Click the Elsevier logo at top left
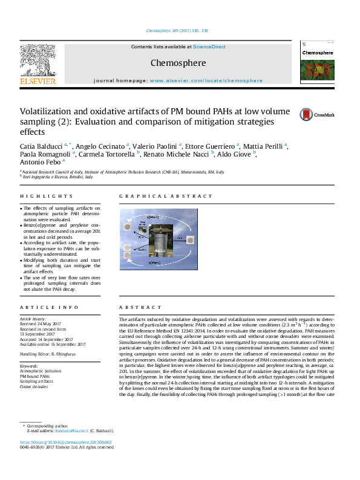[x=38, y=63]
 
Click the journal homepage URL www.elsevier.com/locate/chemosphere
[x=206, y=80]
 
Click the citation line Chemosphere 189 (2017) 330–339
[x=177, y=30]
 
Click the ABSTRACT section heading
[x=135, y=307]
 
